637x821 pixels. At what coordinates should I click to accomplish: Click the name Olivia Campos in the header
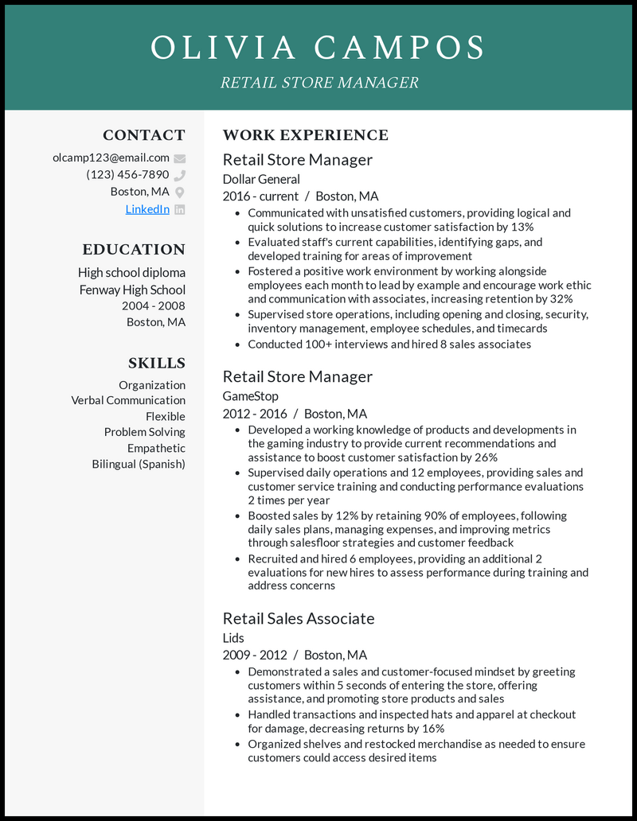tap(318, 48)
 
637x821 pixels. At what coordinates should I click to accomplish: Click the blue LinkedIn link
tap(147, 209)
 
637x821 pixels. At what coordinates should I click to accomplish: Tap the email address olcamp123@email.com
tap(111, 158)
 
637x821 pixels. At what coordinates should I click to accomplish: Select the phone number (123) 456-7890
tap(127, 175)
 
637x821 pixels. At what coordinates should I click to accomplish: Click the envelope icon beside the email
tap(180, 158)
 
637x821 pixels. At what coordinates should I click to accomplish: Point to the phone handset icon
tap(180, 175)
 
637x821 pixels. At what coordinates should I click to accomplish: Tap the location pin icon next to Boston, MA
tap(180, 193)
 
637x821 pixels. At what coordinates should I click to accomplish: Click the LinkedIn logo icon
tap(180, 209)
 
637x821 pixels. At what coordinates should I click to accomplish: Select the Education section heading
tap(134, 249)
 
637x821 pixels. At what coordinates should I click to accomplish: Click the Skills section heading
tap(157, 363)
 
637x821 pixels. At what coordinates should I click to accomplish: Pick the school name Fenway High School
tap(132, 290)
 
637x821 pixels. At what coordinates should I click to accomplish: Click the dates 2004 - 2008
tap(153, 305)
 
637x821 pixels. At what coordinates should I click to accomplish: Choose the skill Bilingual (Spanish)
tap(139, 464)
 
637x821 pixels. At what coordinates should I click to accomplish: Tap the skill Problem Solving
tap(144, 432)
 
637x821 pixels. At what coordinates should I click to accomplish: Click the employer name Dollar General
tap(261, 179)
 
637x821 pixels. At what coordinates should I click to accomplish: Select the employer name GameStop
tap(250, 395)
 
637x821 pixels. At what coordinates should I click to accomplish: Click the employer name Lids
tap(233, 637)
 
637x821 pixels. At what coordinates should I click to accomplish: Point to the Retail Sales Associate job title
tap(299, 618)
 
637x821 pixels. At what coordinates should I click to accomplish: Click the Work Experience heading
tap(306, 135)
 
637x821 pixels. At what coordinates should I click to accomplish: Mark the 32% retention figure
tap(561, 299)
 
